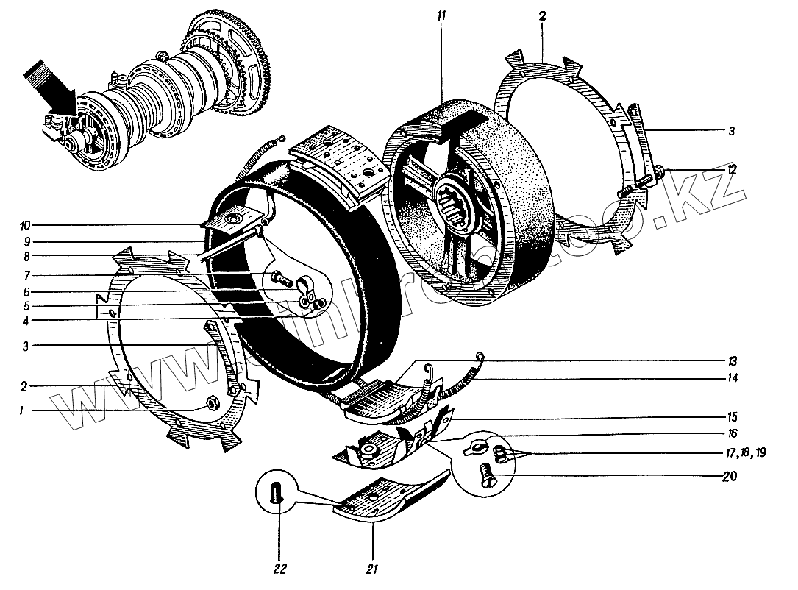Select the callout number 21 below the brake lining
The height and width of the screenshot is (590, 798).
click(x=371, y=569)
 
